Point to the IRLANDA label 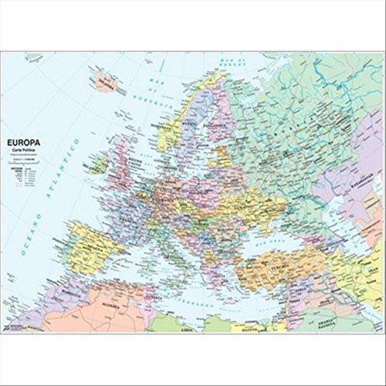tap(96, 164)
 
